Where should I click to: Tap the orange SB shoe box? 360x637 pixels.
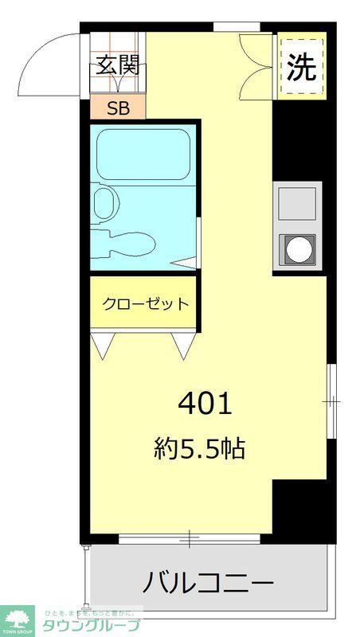(x=117, y=107)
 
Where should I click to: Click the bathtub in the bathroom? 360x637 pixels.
(x=143, y=154)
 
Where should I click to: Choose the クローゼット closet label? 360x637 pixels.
(x=145, y=303)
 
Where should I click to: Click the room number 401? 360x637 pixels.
(x=204, y=404)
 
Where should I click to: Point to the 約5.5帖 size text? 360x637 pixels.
(x=198, y=450)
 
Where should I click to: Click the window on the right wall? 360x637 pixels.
(x=331, y=402)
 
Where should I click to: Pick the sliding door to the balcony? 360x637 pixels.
(x=189, y=541)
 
